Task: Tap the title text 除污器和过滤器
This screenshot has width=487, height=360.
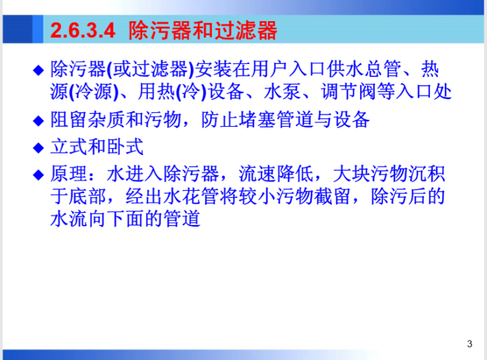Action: (202, 30)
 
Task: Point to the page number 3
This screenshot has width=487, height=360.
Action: (470, 345)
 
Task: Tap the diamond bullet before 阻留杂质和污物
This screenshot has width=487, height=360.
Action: (38, 120)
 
